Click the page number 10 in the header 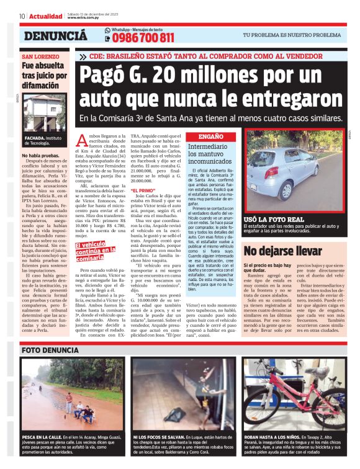tap(22, 16)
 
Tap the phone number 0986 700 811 tap(142, 38)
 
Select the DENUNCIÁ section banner tap(56, 36)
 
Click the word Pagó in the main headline tap(122, 78)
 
